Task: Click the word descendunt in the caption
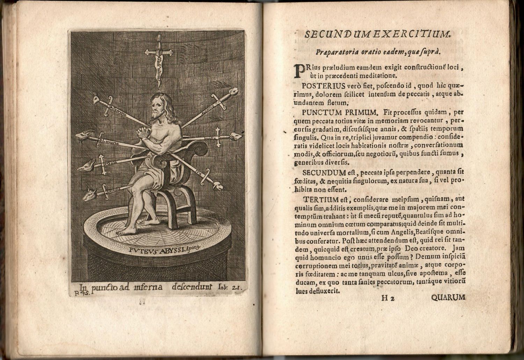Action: [192, 287]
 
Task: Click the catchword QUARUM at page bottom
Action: [448, 297]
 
